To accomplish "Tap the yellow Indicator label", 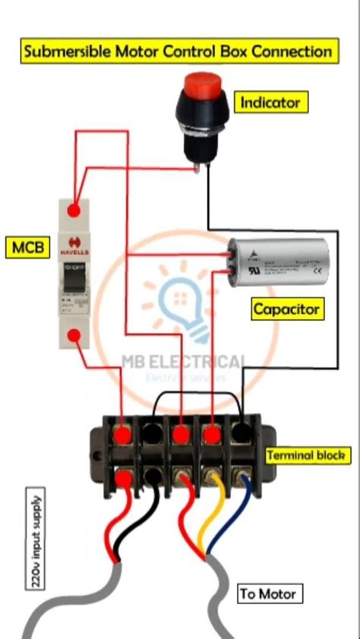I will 270,102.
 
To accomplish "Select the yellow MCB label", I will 27,247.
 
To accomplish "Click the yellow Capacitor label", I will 286,308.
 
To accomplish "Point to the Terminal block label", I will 308,455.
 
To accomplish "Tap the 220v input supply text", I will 37,540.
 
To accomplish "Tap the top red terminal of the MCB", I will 74,209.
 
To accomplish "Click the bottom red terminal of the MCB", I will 74,336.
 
